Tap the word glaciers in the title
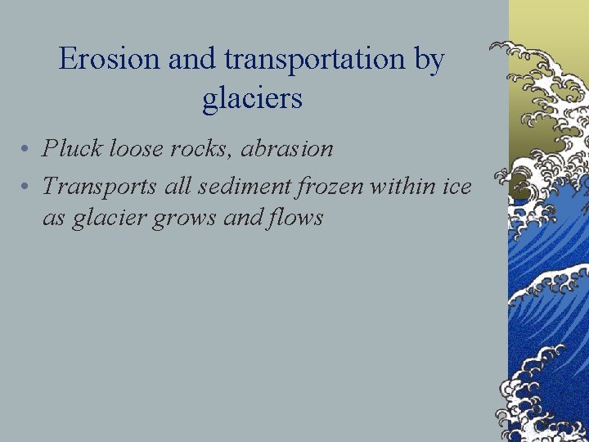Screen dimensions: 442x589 coord(252,99)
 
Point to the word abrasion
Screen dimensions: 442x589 coord(286,148)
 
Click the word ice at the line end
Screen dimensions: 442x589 coord(456,187)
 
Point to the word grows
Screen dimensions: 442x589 coord(194,218)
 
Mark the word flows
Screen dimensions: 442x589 coord(299,218)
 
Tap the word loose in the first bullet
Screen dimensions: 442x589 coord(135,148)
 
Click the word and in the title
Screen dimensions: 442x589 coord(191,60)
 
